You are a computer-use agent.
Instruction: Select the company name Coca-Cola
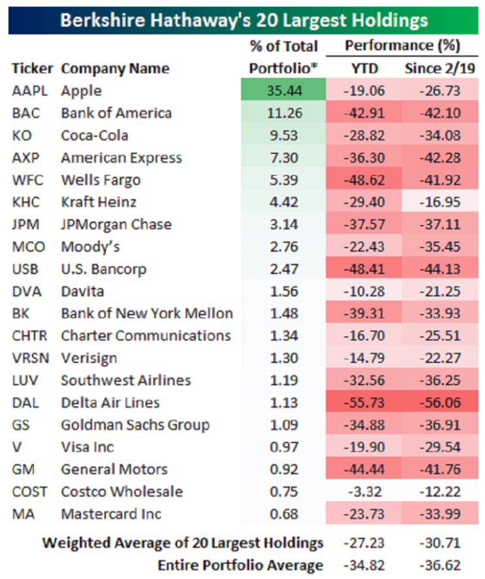pos(95,135)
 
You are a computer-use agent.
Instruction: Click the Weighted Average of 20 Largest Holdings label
pos(183,542)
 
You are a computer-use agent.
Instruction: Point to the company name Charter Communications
pos(146,336)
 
